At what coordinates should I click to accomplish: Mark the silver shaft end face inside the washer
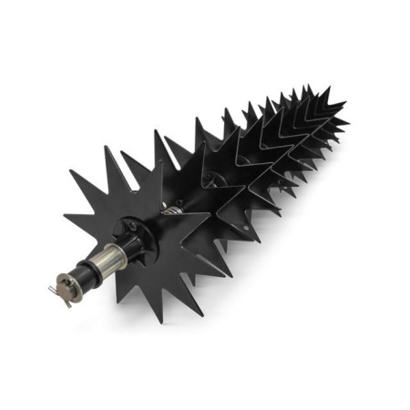[x=63, y=283]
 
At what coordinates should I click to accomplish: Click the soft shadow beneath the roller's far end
[x=310, y=182]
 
